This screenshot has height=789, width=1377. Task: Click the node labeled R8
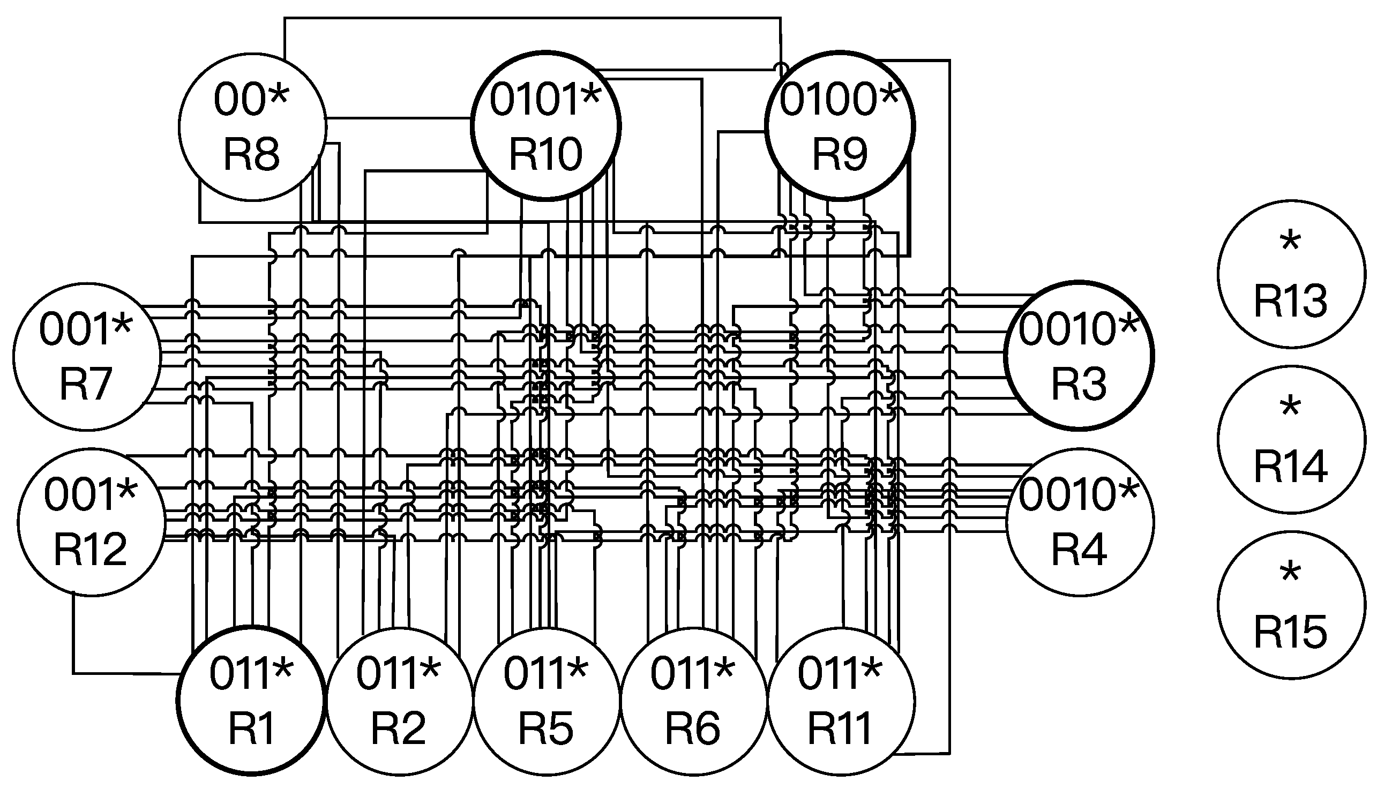click(252, 126)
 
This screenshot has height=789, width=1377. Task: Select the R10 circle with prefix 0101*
click(545, 126)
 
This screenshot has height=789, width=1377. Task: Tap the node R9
click(840, 126)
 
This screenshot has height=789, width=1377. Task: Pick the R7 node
click(87, 356)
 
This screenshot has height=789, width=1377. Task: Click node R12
click(91, 522)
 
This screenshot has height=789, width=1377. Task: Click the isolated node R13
click(1291, 274)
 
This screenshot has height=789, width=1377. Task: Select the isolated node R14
click(1291, 439)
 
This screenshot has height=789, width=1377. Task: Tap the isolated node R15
click(1291, 604)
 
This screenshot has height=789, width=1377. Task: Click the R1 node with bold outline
click(251, 700)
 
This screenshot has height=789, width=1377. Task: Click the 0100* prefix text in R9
click(839, 100)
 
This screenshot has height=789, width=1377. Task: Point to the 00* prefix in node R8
click(251, 100)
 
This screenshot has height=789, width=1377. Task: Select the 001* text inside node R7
click(86, 329)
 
